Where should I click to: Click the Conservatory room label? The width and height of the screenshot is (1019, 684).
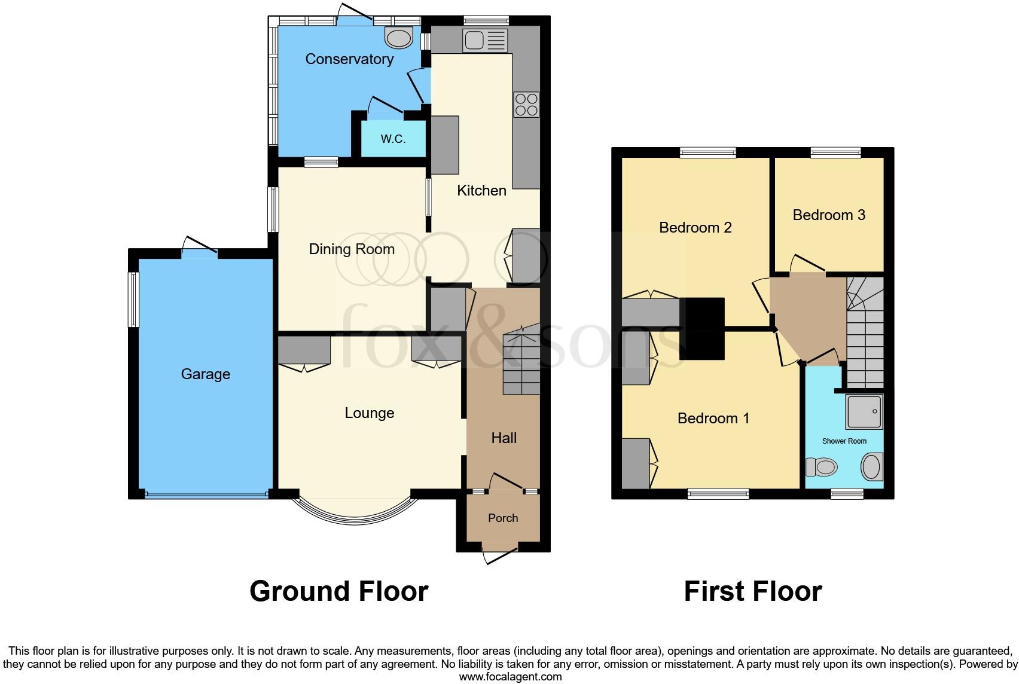click(x=349, y=59)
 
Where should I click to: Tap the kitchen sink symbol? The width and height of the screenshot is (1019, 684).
click(x=485, y=41)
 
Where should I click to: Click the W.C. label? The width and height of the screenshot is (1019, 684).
click(x=393, y=139)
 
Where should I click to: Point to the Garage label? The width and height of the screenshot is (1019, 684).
click(x=205, y=374)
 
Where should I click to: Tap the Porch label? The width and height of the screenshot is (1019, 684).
click(x=502, y=518)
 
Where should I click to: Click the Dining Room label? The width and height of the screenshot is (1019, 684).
click(x=352, y=249)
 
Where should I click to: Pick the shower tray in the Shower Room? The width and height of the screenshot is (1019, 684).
click(x=864, y=411)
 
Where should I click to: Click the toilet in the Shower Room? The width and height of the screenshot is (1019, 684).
click(x=821, y=466)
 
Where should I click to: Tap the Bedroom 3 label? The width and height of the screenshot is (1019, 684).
click(x=828, y=215)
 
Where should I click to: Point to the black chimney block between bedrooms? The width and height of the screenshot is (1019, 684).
click(x=703, y=328)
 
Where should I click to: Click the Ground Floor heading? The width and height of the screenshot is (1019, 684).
click(x=338, y=591)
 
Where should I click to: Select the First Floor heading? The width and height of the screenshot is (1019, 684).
click(x=752, y=591)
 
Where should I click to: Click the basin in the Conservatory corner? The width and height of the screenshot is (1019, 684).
click(x=399, y=38)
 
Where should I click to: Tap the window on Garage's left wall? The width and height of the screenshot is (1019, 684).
click(x=134, y=300)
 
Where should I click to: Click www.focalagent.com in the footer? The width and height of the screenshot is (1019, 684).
click(x=510, y=677)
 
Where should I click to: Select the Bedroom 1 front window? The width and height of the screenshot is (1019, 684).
click(x=718, y=493)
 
